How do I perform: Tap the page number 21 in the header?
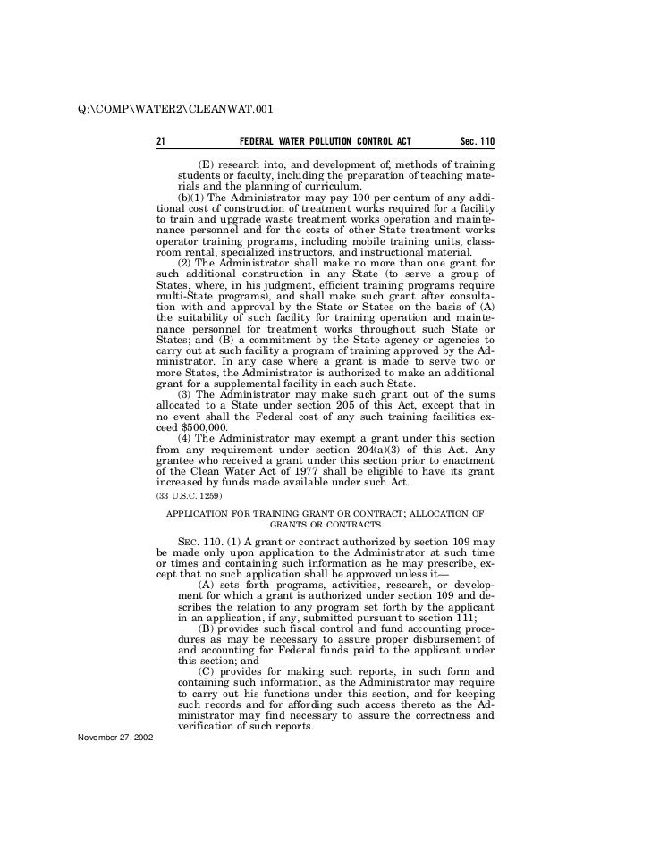[x=161, y=142]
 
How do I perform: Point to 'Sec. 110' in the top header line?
[x=476, y=142]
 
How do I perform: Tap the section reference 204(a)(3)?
[x=371, y=450]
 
